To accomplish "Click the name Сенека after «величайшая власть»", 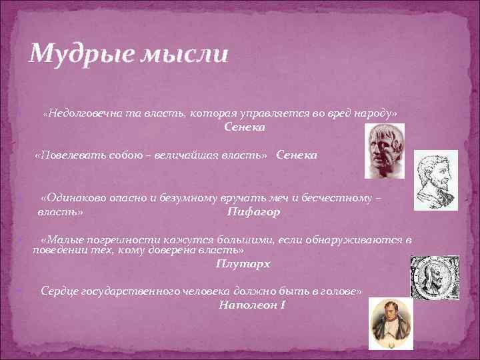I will coord(296,155).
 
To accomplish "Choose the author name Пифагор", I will coord(253,212).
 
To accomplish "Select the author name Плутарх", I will coord(243,263).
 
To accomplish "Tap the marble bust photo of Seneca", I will coord(386,151).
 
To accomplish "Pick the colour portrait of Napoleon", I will coord(390,323).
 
